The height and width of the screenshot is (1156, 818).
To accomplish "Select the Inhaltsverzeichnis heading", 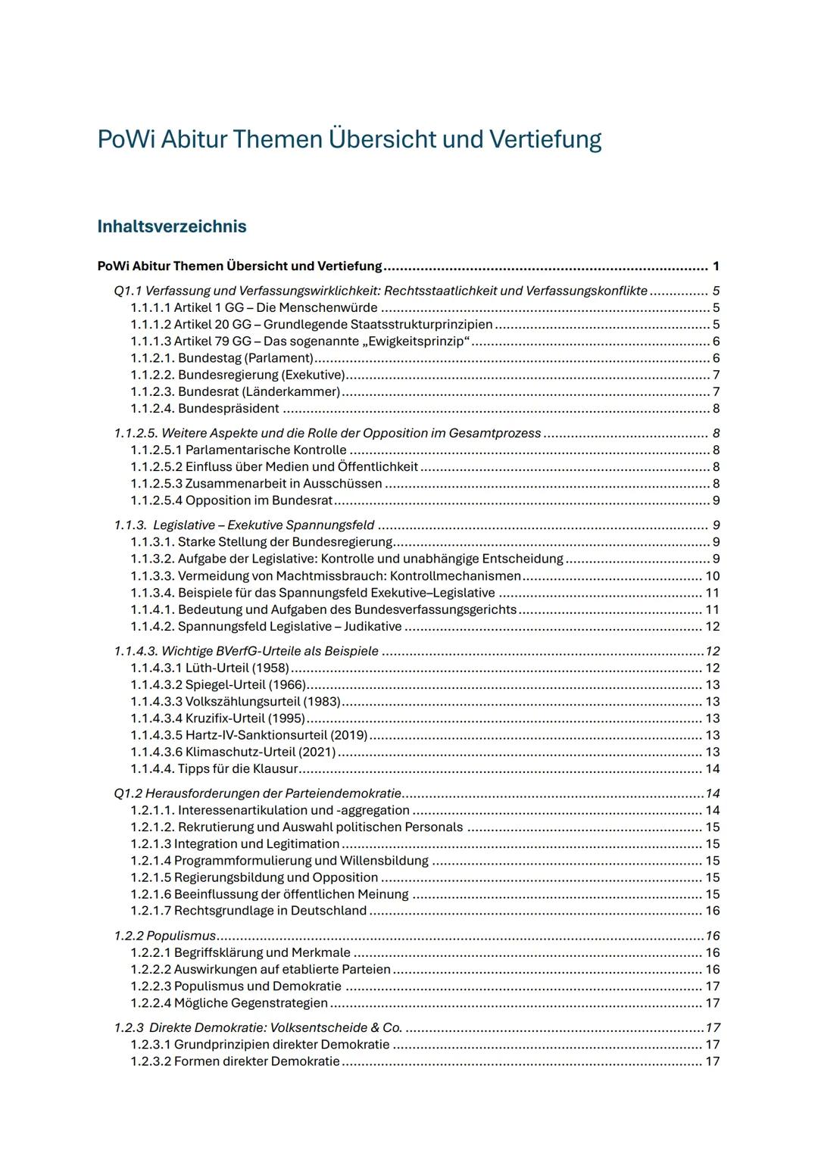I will click(x=172, y=226).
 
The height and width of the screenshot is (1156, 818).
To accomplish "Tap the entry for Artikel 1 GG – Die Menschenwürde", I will click(x=254, y=307).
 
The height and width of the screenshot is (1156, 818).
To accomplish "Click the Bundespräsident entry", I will click(x=204, y=409).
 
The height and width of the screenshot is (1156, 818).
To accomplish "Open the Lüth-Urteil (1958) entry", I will click(x=210, y=668).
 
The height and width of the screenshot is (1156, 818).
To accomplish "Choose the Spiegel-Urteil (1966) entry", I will click(x=218, y=685).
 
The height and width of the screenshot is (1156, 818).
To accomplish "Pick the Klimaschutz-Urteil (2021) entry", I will click(x=233, y=752).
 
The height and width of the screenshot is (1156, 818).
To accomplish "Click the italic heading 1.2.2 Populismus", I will click(x=165, y=936).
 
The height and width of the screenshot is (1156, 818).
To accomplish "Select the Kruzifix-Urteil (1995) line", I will click(x=218, y=718).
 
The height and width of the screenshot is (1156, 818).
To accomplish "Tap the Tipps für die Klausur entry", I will click(x=214, y=768).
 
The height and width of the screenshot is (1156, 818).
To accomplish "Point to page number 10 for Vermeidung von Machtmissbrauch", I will click(x=712, y=576).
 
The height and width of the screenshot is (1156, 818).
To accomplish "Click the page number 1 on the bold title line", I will click(x=716, y=266).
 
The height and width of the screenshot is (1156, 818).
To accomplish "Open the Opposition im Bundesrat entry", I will click(x=232, y=500).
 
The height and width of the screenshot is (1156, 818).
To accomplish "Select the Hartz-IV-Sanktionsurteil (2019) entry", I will click(x=249, y=735).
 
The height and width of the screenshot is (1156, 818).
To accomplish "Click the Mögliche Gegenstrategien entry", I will click(x=229, y=1003).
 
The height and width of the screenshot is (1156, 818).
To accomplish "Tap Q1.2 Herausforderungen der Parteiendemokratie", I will click(x=258, y=793).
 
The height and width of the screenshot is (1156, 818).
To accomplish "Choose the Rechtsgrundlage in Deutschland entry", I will click(x=248, y=911).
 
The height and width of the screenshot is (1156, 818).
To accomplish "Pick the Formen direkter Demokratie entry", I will click(x=235, y=1061).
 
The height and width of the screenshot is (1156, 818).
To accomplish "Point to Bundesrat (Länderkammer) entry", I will click(x=235, y=392).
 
